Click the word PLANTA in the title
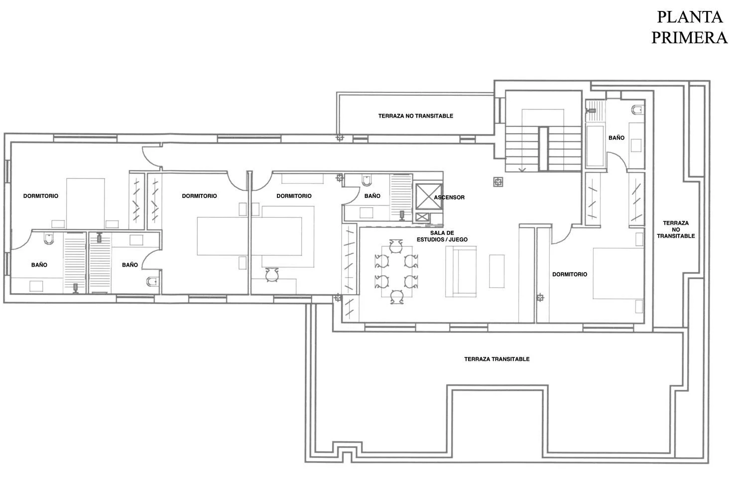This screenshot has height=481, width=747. (x=690, y=17)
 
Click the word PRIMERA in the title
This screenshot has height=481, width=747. (x=689, y=37)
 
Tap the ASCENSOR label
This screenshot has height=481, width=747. (x=449, y=197)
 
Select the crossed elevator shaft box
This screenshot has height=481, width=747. (x=429, y=196)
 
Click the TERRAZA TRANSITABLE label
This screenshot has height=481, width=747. (x=497, y=359)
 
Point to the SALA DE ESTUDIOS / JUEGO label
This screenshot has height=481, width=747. (x=442, y=236)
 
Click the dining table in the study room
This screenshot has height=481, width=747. (x=396, y=271)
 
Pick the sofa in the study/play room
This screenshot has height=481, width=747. (x=461, y=271)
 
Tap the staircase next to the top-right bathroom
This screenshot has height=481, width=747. (x=544, y=149)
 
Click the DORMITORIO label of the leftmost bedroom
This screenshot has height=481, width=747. (x=41, y=196)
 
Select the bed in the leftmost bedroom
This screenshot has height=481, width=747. (x=85, y=204)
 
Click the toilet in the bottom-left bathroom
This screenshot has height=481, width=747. (x=49, y=238)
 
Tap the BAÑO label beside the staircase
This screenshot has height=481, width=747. (x=617, y=138)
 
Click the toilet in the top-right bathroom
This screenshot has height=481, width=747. (x=637, y=110)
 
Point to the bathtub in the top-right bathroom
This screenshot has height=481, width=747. (x=595, y=146)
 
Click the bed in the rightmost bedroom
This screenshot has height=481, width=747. (x=618, y=273)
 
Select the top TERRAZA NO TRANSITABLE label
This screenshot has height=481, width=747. (x=415, y=116)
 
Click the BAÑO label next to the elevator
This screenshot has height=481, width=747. (x=372, y=196)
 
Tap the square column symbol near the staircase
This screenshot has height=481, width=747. (x=498, y=182)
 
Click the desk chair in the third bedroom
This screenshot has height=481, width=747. (x=272, y=275)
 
